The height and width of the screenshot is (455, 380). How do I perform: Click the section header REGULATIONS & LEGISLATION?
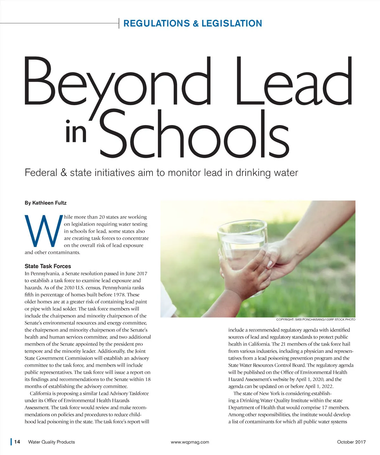click(193, 23)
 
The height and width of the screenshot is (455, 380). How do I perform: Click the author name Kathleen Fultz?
click(49, 203)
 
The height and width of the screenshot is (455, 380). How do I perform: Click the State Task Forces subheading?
click(48, 266)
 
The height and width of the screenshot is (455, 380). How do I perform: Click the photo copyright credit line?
click(316, 319)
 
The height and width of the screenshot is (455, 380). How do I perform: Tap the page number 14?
click(17, 442)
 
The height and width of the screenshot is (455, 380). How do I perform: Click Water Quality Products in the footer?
click(51, 442)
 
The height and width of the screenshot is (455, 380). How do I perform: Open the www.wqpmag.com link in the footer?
click(190, 442)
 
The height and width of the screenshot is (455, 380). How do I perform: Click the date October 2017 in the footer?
click(351, 442)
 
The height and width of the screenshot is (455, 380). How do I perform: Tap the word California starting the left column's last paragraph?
click(41, 393)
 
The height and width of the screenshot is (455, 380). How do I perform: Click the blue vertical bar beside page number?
click(11, 442)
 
